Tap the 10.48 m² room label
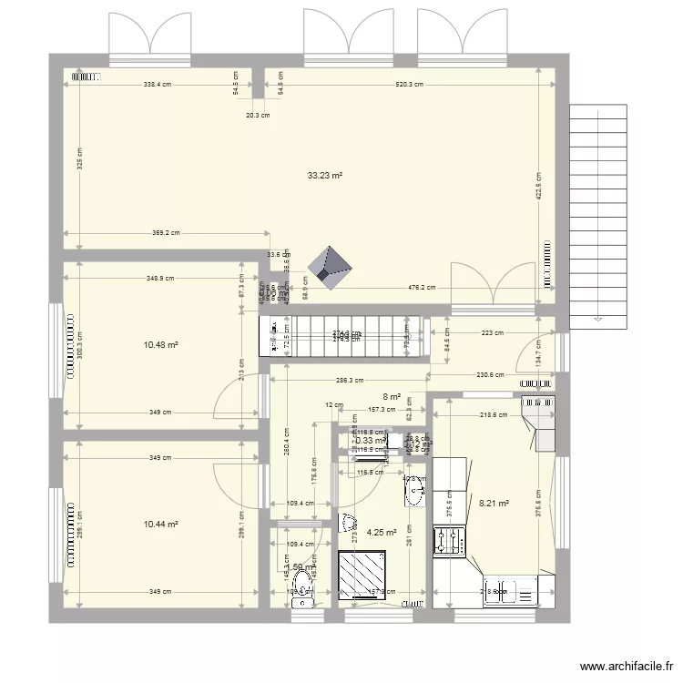coord(159,345)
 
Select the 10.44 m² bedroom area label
coord(159,525)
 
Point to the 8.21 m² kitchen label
coord(494,501)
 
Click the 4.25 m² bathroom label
coord(381,533)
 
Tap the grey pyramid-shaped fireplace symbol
coord(331,265)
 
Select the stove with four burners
coord(450,539)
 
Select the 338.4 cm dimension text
coord(158,84)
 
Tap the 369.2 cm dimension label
coord(165,233)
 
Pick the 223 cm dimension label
coord(493,333)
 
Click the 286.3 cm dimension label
coord(349,381)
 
